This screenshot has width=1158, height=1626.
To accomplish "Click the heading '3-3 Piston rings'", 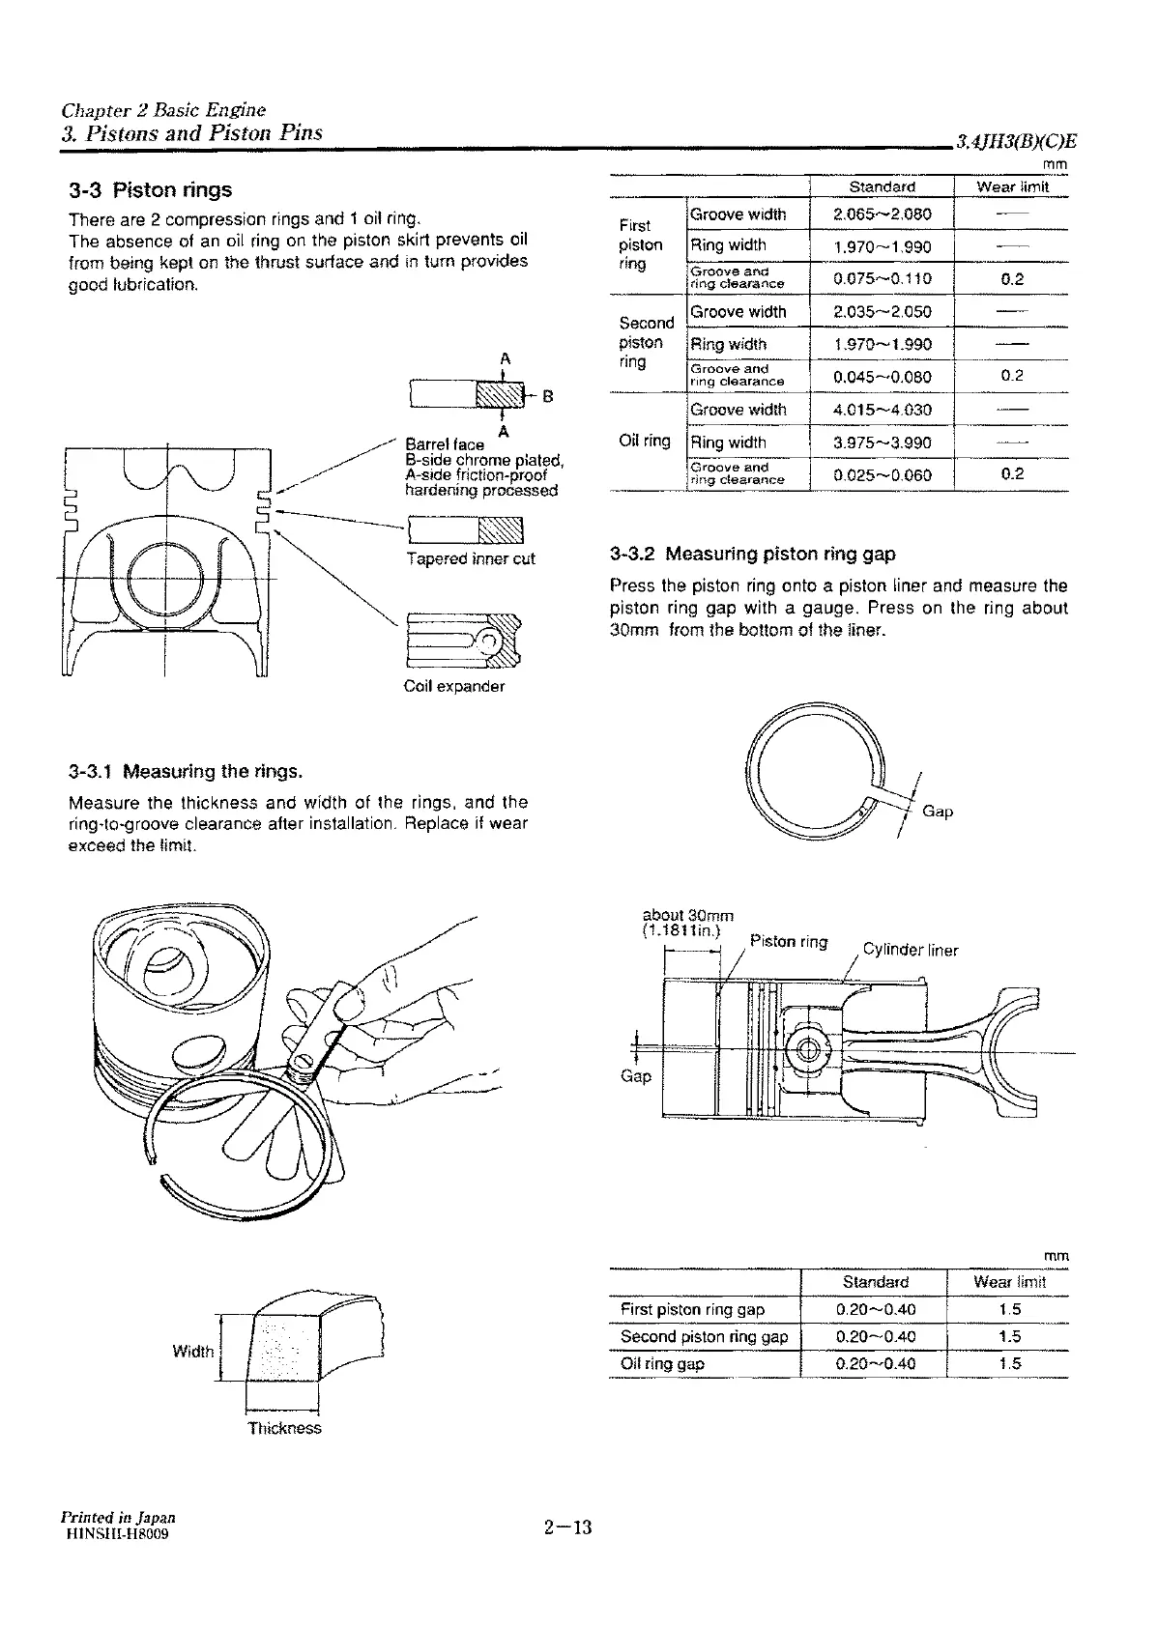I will tap(150, 189).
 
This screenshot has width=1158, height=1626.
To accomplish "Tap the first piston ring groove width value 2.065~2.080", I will tap(882, 214).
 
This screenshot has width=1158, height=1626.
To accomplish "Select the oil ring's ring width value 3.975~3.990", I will tap(882, 442).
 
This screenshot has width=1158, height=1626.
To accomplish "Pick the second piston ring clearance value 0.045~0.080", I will tap(882, 377).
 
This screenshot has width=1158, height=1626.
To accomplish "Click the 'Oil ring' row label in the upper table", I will tap(644, 442).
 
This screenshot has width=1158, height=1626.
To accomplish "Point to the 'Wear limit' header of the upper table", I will tap(1011, 186).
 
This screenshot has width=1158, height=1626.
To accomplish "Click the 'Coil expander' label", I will tap(453, 687).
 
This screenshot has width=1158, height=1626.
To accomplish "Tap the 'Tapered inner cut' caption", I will tap(470, 559).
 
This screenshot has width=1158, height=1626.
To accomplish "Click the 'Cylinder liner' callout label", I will tap(910, 951).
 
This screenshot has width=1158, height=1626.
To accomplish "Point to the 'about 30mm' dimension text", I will tap(688, 915).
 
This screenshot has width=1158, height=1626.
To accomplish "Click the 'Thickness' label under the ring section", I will tap(284, 1428).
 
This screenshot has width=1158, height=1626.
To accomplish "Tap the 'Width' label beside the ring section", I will tap(192, 1352).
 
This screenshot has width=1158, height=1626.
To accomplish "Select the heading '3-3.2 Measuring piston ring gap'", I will tap(753, 555).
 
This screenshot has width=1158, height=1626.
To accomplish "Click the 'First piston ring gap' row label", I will tap(692, 1310).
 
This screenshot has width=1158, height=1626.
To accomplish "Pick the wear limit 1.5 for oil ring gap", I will tap(1010, 1364).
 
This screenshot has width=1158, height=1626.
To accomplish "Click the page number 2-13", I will tap(567, 1527).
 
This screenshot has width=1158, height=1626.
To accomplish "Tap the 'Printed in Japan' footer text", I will tap(118, 1517).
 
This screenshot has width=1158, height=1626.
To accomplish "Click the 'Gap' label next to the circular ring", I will tap(938, 812).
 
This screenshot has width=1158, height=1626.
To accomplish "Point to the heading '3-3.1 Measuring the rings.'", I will tap(186, 772).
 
